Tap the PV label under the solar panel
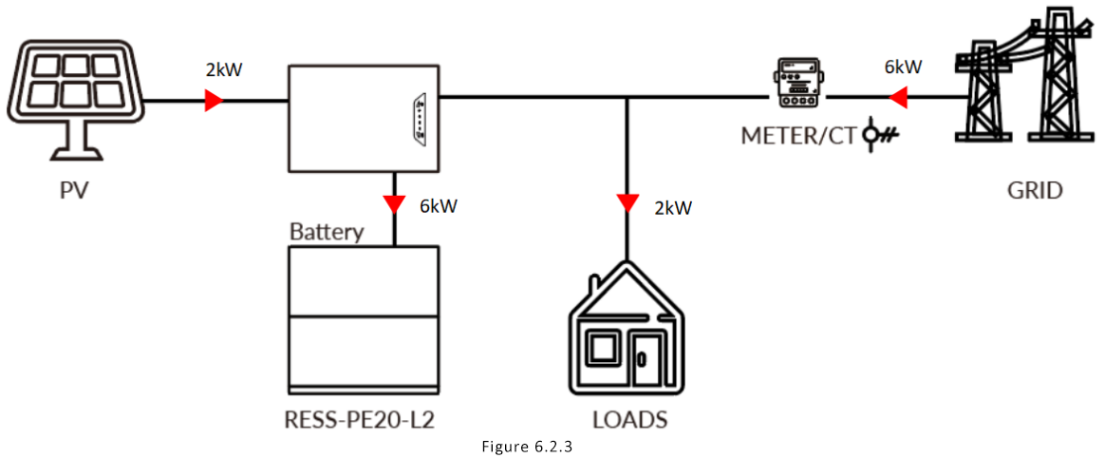coord(74,190)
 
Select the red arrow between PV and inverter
coord(214,99)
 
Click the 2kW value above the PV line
coord(223,70)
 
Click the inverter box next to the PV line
coord(364,119)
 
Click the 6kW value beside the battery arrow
coord(438,205)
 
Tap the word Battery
coord(326,231)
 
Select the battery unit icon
coord(364,319)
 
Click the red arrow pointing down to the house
coord(627,202)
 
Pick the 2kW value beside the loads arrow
coord(672,206)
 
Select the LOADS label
coord(629,419)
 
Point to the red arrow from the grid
coord(897,97)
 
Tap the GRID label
coord(1035,190)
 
